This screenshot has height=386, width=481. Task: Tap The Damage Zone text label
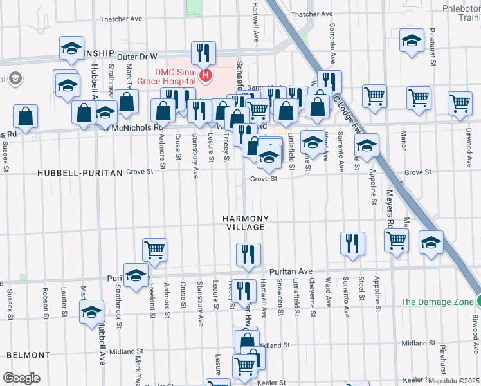point(435,301)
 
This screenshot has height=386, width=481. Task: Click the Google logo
point(21,378)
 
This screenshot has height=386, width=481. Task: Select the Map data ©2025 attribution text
point(453,381)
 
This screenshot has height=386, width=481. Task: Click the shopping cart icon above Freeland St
point(154,249)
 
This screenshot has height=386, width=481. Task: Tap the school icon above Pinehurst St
point(412,40)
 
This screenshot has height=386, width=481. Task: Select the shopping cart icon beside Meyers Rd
point(396,240)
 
